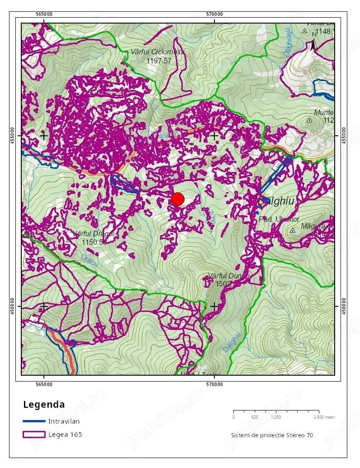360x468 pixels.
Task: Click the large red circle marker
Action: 178,199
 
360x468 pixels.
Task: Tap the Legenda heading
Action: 44,405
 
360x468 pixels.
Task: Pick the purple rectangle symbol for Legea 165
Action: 34,435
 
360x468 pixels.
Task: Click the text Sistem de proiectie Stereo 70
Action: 272,435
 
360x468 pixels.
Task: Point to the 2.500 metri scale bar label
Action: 324,417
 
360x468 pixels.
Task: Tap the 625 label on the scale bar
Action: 255,417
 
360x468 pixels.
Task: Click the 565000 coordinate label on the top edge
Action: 43,14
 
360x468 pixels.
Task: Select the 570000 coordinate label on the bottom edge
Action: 214,385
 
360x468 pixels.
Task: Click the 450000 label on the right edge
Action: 345,306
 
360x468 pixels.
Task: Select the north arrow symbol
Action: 313,44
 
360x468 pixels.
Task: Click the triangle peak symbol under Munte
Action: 309,120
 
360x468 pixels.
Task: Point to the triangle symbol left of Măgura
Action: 293,230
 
